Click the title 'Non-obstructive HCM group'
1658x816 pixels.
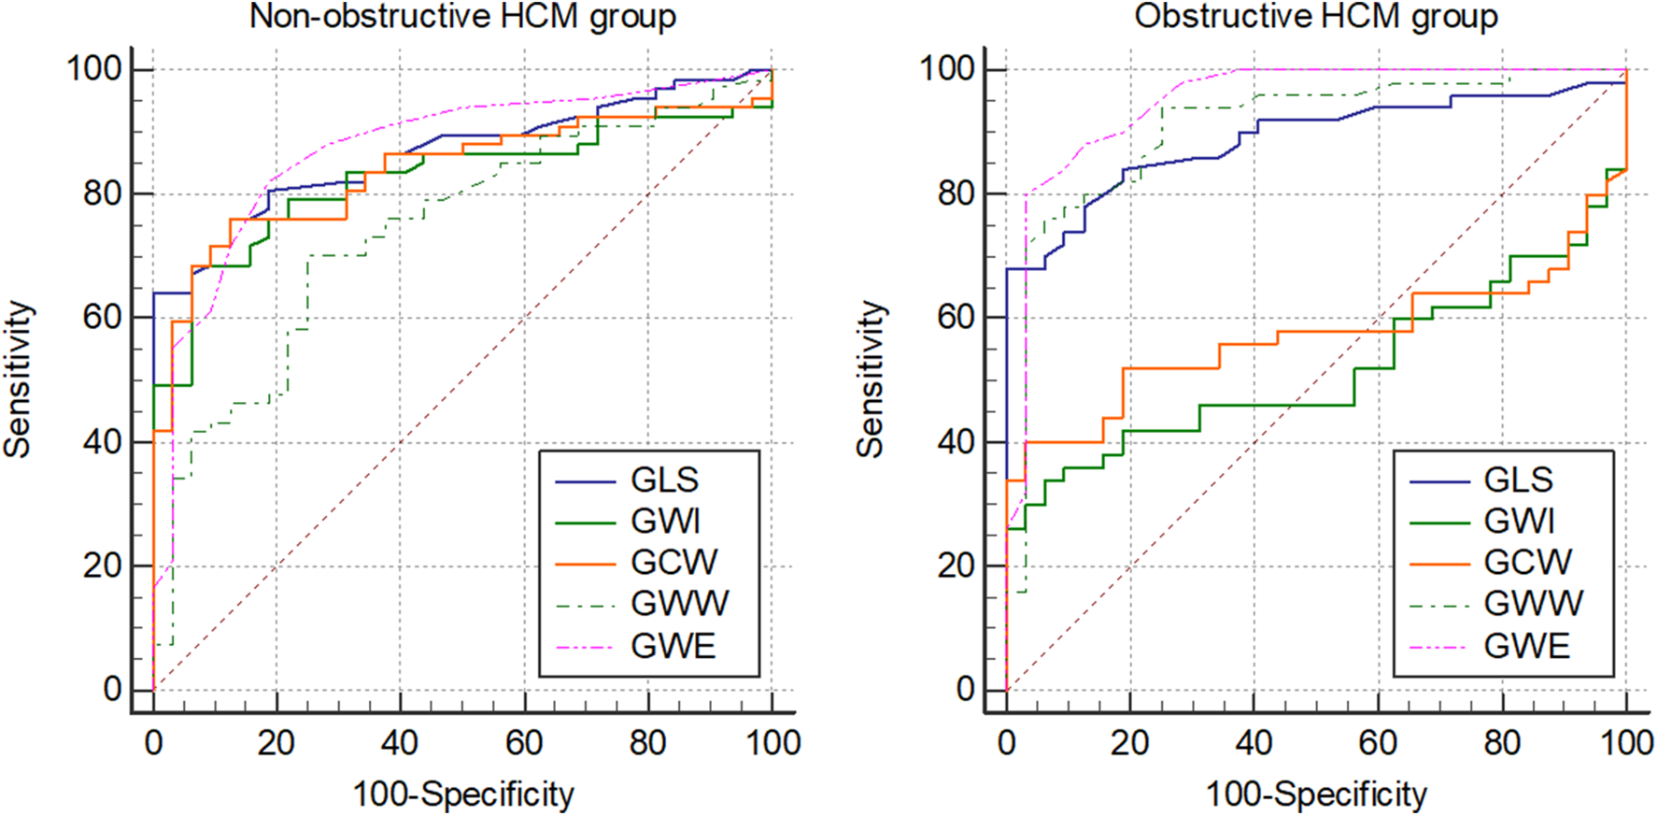(462, 17)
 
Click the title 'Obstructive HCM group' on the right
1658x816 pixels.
(1316, 17)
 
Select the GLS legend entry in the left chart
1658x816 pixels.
(664, 480)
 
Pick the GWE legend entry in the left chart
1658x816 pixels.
(673, 646)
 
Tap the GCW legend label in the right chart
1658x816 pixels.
(1527, 562)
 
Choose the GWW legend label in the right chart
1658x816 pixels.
(1533, 603)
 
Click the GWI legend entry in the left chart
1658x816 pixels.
(665, 521)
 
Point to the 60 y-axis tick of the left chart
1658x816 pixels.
(102, 318)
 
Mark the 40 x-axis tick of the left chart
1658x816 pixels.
(400, 743)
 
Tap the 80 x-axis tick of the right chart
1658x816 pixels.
(1502, 743)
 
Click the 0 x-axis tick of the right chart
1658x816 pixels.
(1006, 743)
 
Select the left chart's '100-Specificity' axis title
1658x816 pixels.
(463, 795)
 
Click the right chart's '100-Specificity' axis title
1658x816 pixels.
(1316, 795)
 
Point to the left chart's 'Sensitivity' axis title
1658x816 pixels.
(18, 379)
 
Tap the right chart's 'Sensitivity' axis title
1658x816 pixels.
(871, 379)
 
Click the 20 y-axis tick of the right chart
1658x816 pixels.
(956, 566)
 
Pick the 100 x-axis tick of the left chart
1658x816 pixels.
(772, 743)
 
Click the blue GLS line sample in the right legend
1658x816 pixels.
(1438, 481)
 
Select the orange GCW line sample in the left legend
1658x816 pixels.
(586, 564)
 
